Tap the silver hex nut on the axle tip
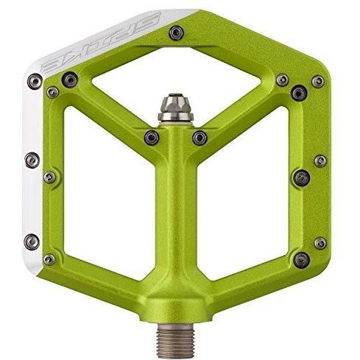(175, 108)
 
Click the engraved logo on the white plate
(102, 42)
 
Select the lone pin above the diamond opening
(176, 33)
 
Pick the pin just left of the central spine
(152, 138)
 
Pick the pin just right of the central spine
(200, 138)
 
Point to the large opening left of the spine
(109, 193)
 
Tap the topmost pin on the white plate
(35, 81)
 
